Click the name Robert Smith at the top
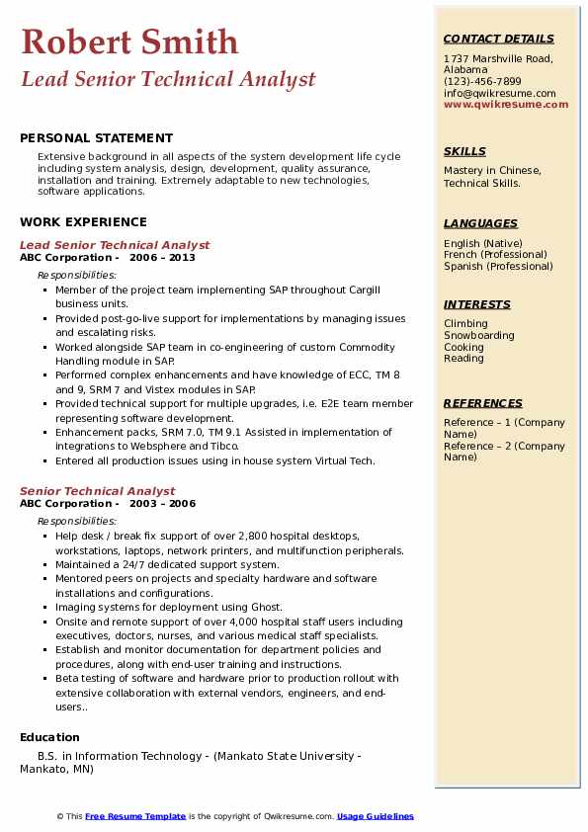(x=129, y=42)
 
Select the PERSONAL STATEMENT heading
(x=96, y=138)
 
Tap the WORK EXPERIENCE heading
(x=83, y=222)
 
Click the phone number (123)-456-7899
(x=482, y=82)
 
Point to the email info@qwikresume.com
(x=499, y=94)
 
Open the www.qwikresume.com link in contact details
(x=499, y=105)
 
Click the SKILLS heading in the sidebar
(x=464, y=151)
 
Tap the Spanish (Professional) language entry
(x=498, y=267)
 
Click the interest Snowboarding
(x=479, y=336)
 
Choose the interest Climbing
(x=465, y=324)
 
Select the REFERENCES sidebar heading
(x=483, y=403)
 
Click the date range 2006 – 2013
(x=162, y=258)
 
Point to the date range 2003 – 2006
(x=162, y=504)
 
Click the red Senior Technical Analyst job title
(x=97, y=491)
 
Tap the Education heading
(x=49, y=737)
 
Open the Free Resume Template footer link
(x=135, y=816)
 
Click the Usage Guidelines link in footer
(x=375, y=816)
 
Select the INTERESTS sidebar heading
(x=477, y=304)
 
